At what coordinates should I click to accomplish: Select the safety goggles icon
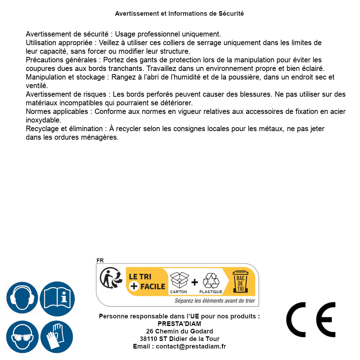point(22,337)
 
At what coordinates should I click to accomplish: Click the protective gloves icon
point(57,337)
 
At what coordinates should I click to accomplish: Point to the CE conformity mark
point(311,320)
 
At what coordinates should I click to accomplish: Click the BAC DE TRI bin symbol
point(240,282)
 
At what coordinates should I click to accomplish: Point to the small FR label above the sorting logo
point(100,260)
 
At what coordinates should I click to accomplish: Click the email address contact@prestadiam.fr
point(191,346)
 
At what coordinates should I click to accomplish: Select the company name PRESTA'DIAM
point(179,324)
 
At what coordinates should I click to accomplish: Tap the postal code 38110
point(148,339)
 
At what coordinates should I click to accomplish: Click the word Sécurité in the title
point(231,14)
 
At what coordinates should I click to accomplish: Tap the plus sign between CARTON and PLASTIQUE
point(195,282)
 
